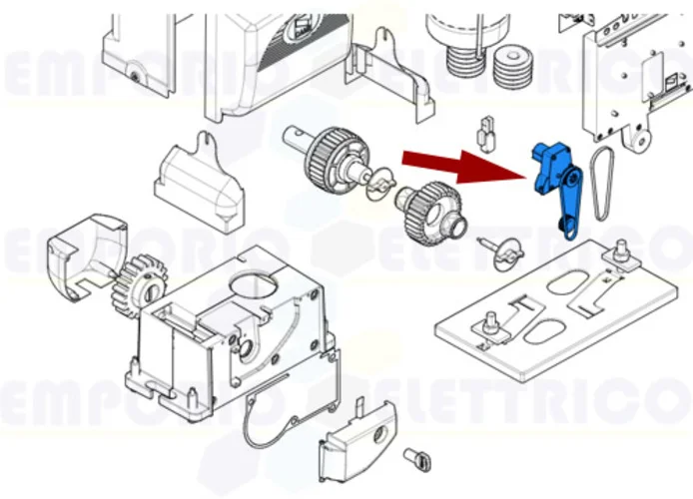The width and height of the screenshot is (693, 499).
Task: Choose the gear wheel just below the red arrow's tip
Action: pyautogui.click(x=433, y=216)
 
